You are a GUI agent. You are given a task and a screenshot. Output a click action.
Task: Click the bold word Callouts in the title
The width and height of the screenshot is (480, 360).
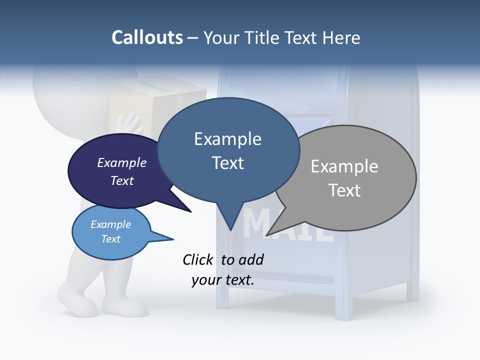(147, 37)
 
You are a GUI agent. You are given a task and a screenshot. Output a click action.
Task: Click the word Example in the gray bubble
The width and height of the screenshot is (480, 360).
(344, 166)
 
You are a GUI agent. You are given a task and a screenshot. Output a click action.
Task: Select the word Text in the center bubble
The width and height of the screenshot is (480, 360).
(227, 163)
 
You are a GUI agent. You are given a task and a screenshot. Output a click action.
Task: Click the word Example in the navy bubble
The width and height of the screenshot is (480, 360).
(121, 162)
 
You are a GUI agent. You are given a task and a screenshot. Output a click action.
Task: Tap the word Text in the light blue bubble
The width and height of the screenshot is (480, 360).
(110, 239)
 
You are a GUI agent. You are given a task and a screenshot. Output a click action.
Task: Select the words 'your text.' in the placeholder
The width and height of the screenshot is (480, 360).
(223, 280)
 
